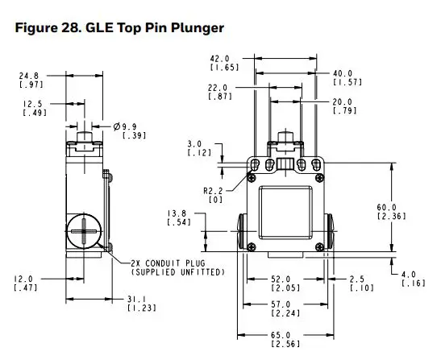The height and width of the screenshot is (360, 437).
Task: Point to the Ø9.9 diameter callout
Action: [129, 127]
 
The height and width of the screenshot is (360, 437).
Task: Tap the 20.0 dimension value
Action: [342, 102]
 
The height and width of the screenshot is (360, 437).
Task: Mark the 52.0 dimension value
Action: [281, 279]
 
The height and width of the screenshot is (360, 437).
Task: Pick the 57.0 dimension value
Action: [281, 304]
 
